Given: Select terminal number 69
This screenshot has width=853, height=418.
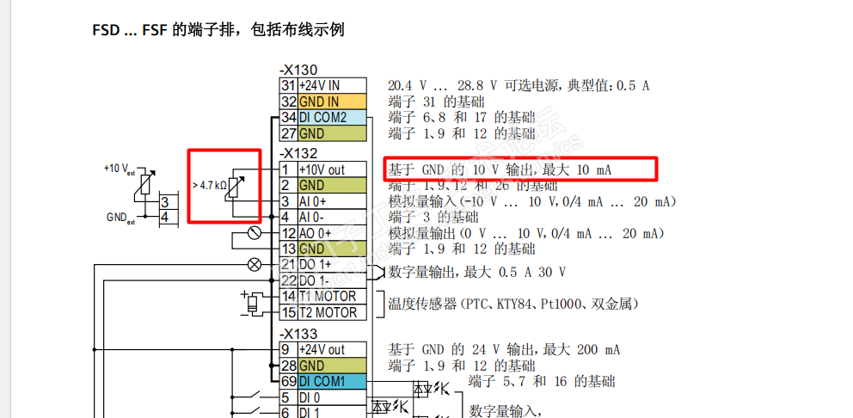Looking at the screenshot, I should (x=288, y=381).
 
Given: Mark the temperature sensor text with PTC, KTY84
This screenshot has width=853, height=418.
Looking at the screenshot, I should (x=513, y=304).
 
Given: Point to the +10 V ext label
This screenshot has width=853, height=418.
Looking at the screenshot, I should (x=120, y=169).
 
